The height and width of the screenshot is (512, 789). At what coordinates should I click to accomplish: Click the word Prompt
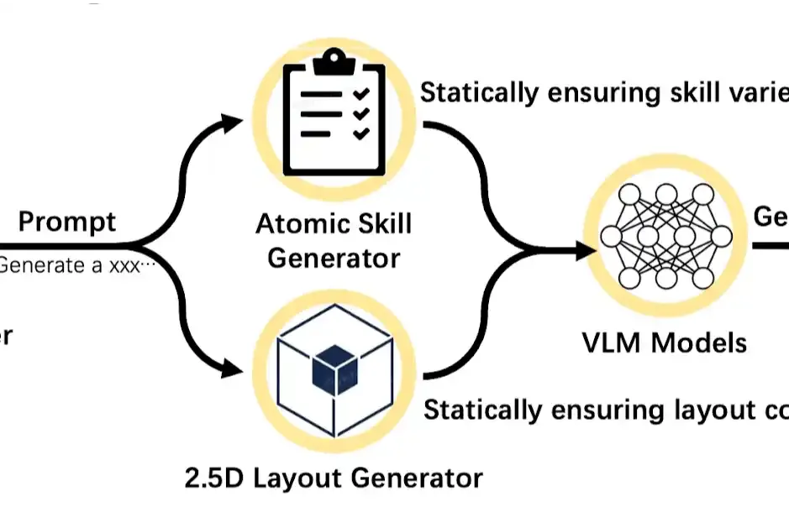67,222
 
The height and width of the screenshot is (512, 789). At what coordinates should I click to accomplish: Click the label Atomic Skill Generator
334,240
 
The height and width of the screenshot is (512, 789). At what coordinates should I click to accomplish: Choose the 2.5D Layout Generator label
334,478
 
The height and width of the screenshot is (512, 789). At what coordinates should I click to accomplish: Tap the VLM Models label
664,342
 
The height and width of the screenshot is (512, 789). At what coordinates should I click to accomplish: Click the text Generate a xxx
77,267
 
